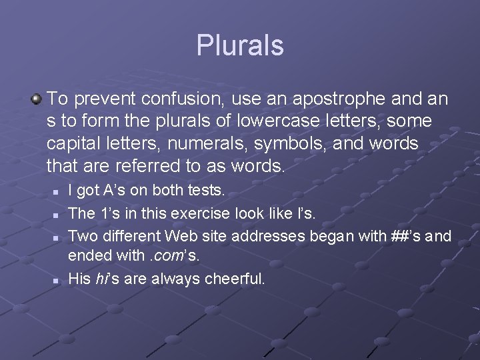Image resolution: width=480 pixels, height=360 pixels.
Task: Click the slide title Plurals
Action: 240,45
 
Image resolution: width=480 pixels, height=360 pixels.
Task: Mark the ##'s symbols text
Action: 399,235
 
